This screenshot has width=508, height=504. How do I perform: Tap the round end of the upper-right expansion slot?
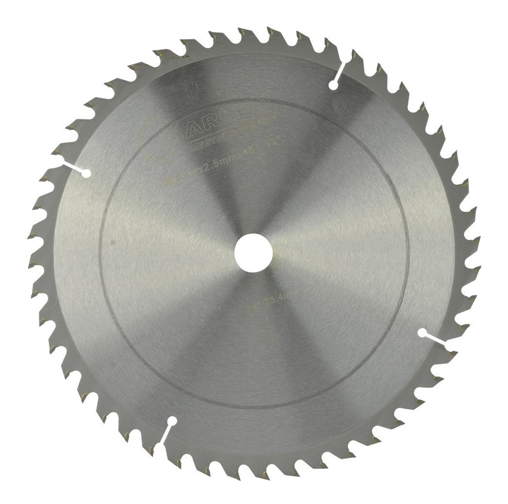point(333,85)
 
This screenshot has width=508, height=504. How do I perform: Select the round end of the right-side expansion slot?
point(422,332)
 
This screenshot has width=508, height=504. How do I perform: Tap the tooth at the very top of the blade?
point(257,31)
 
